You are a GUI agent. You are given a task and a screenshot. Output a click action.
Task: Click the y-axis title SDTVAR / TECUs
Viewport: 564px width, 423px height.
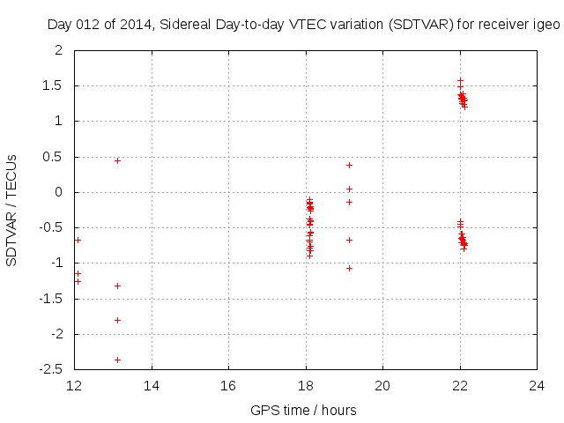coord(11,210)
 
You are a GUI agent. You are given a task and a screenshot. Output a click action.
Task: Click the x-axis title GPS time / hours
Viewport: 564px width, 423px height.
coord(303,410)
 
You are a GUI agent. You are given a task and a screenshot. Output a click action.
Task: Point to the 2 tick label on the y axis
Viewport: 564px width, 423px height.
coord(58,50)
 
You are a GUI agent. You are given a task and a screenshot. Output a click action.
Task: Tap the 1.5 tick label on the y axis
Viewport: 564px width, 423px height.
coord(53,85)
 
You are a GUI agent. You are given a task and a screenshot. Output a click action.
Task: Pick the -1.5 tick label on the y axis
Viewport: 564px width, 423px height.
coord(51,299)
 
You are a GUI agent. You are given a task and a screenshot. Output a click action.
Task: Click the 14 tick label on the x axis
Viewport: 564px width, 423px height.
coord(152,386)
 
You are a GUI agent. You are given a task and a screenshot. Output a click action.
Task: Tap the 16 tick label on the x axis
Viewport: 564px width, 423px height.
coord(228,386)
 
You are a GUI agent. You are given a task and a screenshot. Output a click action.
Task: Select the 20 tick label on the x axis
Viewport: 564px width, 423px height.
coord(382,386)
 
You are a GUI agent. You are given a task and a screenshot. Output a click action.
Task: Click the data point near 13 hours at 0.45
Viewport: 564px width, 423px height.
coord(117,160)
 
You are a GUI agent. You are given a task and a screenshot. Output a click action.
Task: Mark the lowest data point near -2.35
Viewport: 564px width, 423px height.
coord(117,360)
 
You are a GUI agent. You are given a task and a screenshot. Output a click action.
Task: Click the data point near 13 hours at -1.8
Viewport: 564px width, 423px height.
coord(117,320)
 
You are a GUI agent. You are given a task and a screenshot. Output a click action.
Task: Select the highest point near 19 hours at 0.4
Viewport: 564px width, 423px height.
coord(349,165)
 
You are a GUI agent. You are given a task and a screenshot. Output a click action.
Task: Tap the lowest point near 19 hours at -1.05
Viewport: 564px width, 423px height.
coord(349,268)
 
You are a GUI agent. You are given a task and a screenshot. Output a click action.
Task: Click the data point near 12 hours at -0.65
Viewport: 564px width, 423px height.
coord(78,240)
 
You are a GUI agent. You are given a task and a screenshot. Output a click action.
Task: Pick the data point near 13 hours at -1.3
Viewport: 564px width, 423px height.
coord(117,286)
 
